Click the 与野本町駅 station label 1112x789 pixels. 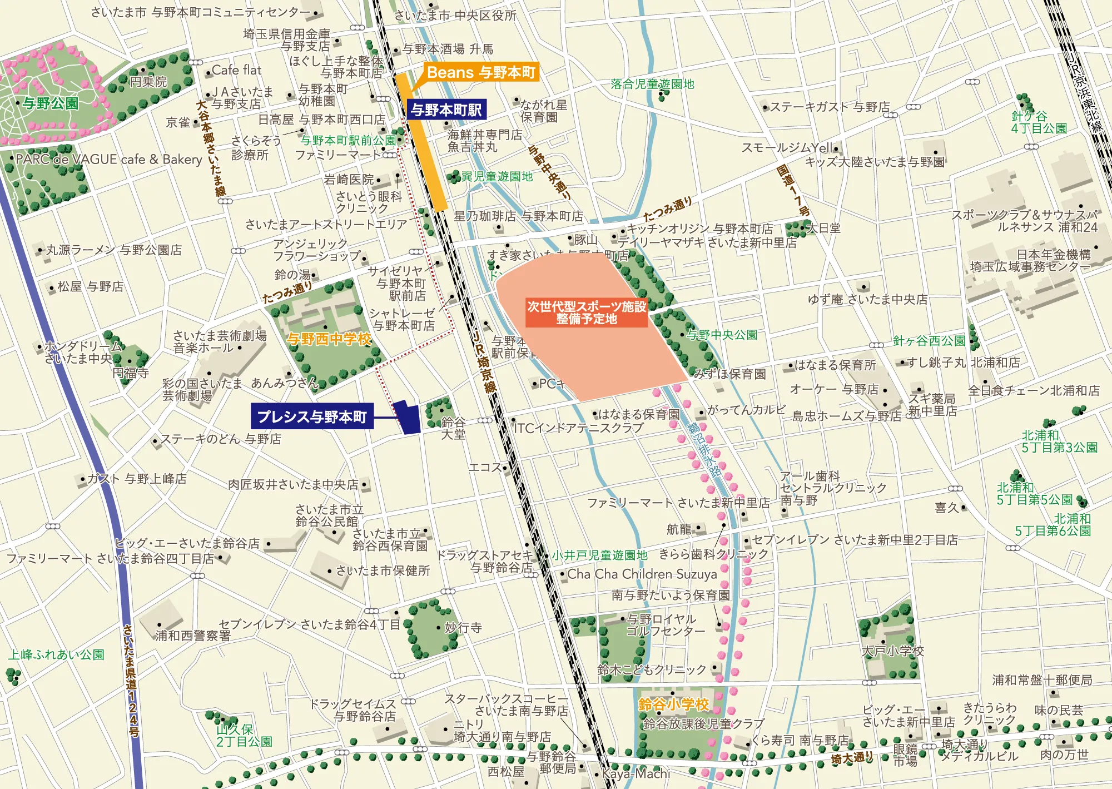(446, 110)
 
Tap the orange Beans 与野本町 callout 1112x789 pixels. (481, 72)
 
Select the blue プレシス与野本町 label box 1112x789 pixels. (311, 417)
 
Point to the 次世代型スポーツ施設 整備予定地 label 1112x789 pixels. (587, 312)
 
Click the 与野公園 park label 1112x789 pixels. (51, 103)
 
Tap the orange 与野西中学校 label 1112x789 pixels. (329, 339)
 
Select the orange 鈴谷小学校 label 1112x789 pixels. (673, 704)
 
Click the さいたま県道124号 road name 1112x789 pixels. (131, 681)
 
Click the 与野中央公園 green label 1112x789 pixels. (722, 335)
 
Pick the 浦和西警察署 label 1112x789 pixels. (193, 635)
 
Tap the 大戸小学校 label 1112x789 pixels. (892, 651)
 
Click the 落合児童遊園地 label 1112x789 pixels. (652, 84)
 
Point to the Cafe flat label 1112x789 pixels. (236, 70)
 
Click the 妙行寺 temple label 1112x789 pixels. (463, 628)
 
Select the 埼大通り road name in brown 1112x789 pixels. (852, 757)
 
